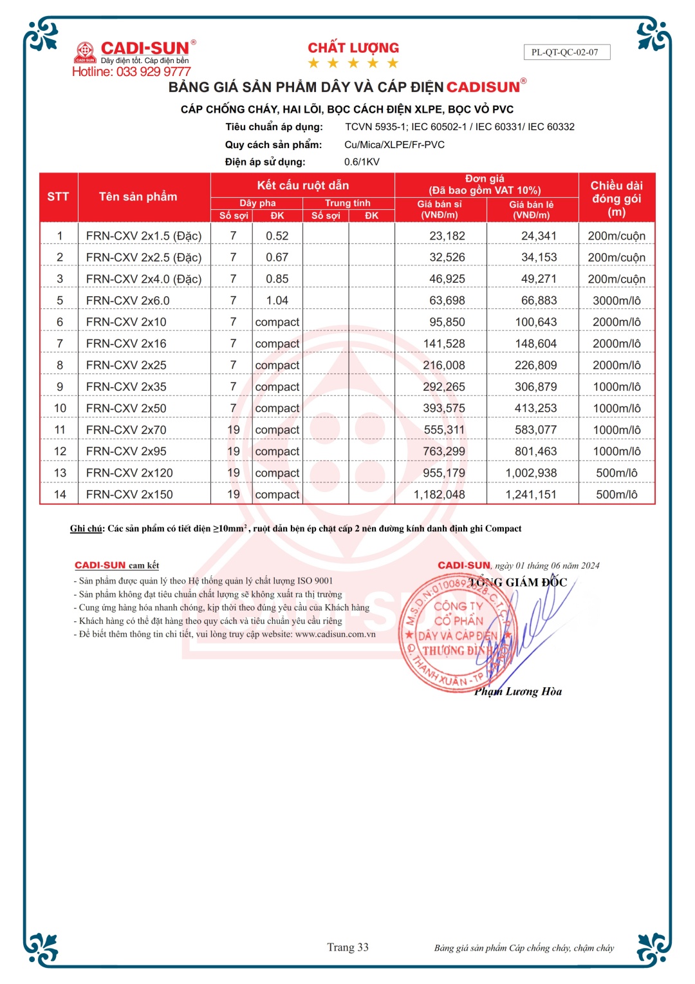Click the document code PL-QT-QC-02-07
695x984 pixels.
pyautogui.click(x=564, y=52)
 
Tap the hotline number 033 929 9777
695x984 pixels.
pyautogui.click(x=153, y=71)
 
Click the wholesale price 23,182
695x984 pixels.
pyautogui.click(x=447, y=236)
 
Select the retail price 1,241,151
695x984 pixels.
pyautogui.click(x=531, y=495)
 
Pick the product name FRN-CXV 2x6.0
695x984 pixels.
pyautogui.click(x=127, y=301)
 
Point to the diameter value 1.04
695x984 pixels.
pyautogui.click(x=277, y=301)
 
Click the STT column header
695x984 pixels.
pyautogui.click(x=58, y=196)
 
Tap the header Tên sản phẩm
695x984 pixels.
pyautogui.click(x=138, y=196)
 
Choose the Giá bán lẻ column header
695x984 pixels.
pyautogui.click(x=532, y=209)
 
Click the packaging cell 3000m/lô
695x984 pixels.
pyautogui.click(x=616, y=301)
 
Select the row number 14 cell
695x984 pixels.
pyautogui.click(x=60, y=495)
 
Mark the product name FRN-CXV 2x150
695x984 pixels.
pyautogui.click(x=129, y=495)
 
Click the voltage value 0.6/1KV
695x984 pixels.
pyautogui.click(x=362, y=162)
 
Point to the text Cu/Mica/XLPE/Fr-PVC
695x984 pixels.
pyautogui.click(x=394, y=145)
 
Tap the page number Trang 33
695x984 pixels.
pyautogui.click(x=347, y=947)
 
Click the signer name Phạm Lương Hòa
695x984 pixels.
pyautogui.click(x=518, y=692)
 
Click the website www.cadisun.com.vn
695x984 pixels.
pyautogui.click(x=335, y=634)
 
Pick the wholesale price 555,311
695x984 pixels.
pyautogui.click(x=444, y=430)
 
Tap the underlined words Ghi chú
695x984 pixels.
pyautogui.click(x=86, y=529)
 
